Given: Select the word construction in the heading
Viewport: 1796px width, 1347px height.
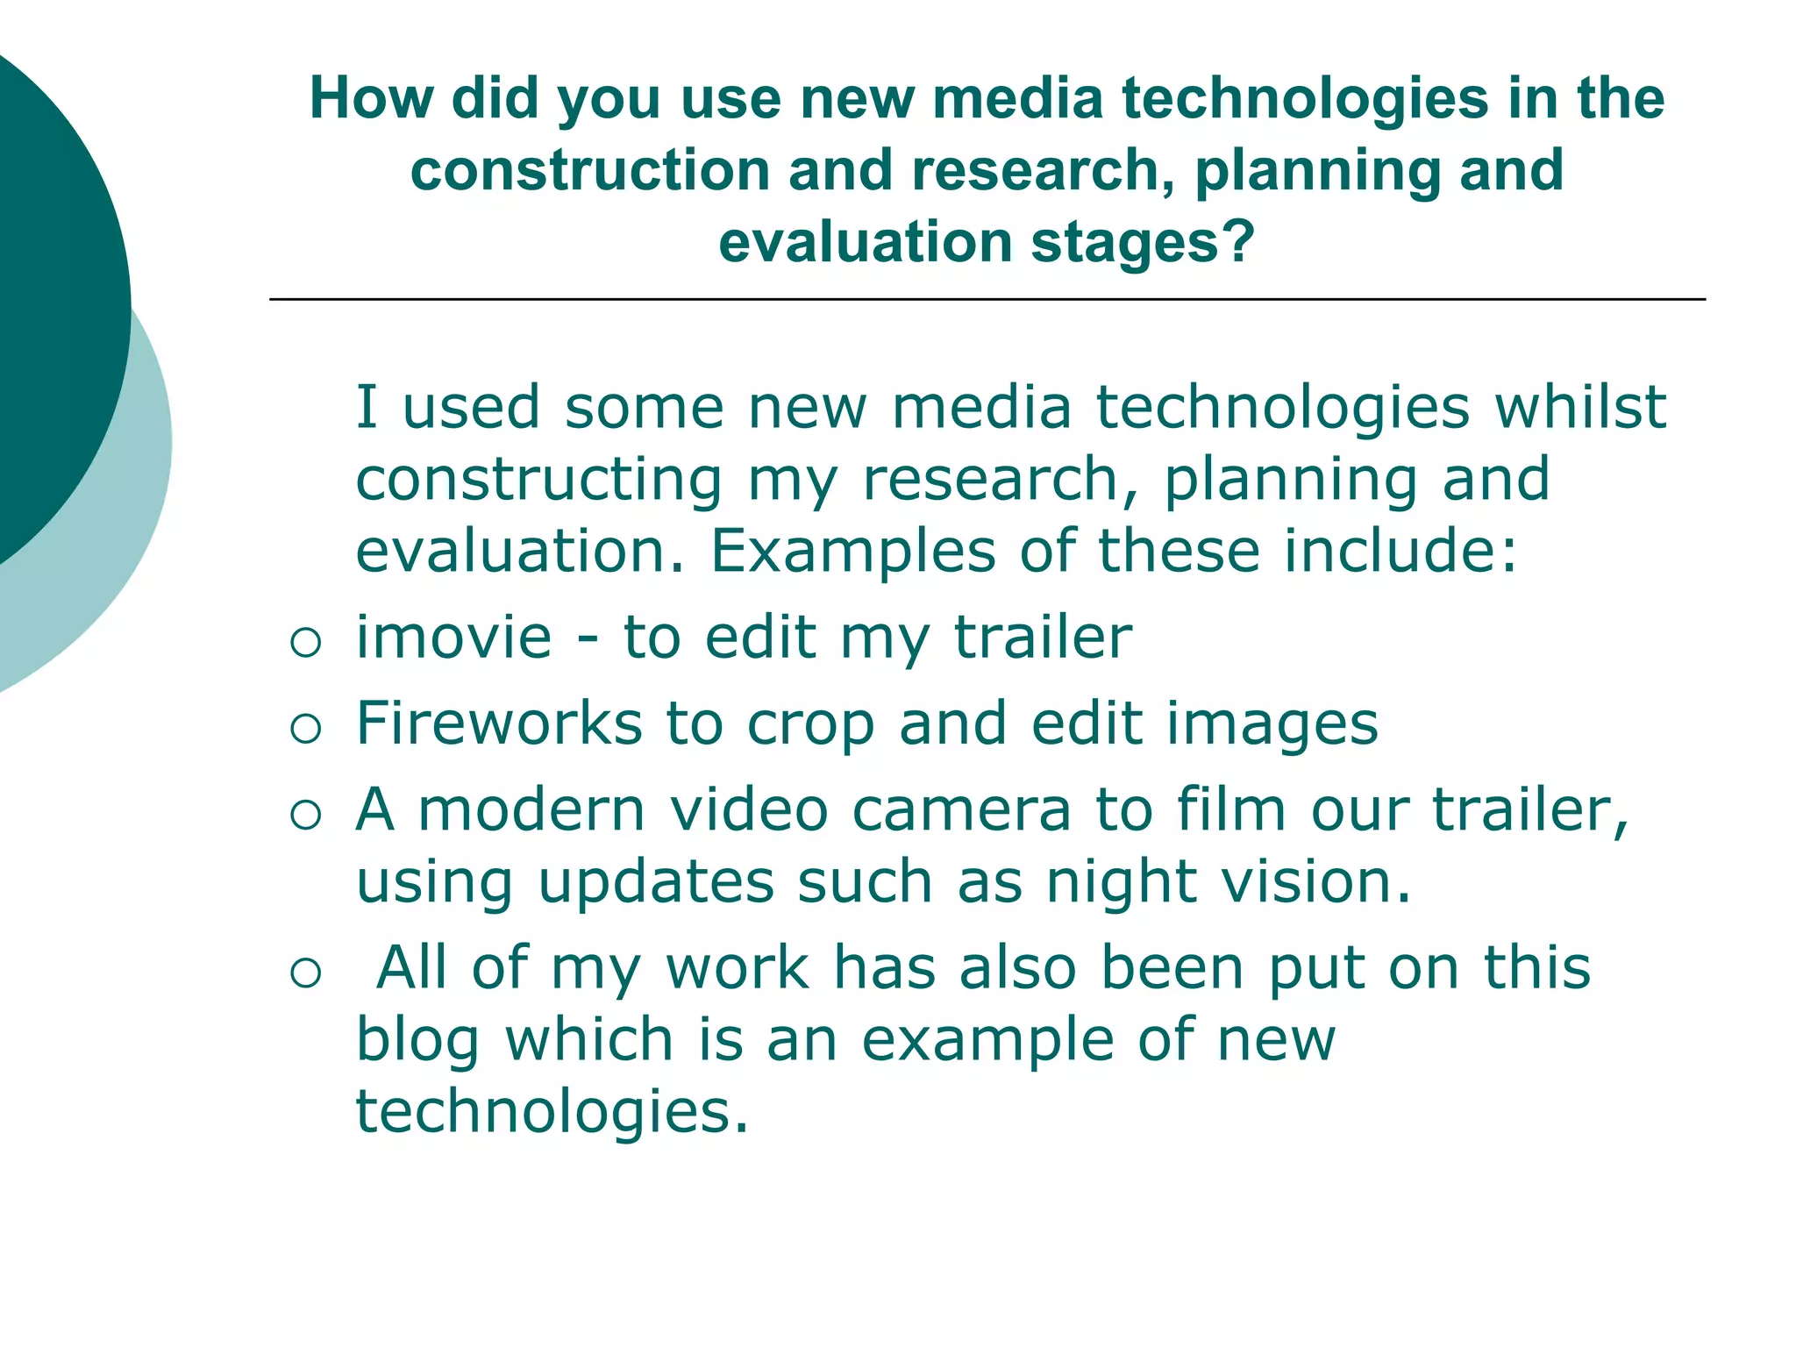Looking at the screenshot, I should (589, 170).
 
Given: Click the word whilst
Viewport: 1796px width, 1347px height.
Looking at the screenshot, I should (1579, 408).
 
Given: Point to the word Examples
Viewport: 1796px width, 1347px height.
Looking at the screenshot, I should (852, 552).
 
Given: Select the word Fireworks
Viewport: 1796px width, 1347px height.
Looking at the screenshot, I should (499, 723).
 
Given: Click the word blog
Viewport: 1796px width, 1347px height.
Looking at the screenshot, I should (417, 1041).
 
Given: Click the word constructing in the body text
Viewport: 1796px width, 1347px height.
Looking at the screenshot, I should (539, 481).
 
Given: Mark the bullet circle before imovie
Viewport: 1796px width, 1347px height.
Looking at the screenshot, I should (305, 644).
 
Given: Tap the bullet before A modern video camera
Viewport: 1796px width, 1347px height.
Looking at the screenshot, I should (305, 816).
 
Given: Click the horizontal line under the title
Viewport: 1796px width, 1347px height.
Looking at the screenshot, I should (987, 300).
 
